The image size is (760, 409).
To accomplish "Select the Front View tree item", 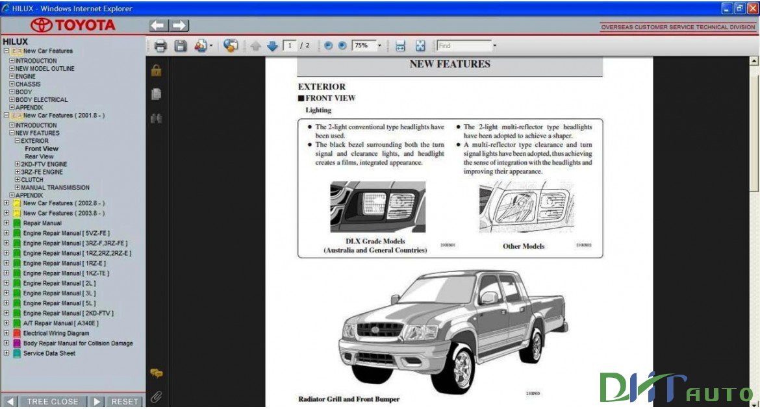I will click(x=42, y=149).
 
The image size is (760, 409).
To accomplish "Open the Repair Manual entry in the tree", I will click(x=42, y=223).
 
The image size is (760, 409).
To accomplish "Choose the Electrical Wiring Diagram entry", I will click(x=56, y=333).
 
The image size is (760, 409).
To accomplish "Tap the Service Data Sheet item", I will click(x=49, y=353).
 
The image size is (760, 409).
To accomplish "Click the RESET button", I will click(x=125, y=401).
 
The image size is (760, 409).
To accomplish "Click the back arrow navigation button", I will click(x=158, y=25).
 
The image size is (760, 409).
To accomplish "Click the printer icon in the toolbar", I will click(x=160, y=46).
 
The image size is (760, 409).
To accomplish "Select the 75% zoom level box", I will click(x=363, y=46).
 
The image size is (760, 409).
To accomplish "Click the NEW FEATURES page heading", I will click(x=450, y=64).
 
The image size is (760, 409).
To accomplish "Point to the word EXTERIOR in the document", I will click(x=322, y=86).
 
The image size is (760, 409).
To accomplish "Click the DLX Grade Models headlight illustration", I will click(x=377, y=207).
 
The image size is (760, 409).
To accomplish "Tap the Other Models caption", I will click(x=523, y=247).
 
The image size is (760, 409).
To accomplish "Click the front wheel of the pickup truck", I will click(x=462, y=369).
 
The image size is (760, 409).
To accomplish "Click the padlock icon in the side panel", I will click(x=156, y=71).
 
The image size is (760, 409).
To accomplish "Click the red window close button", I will click(x=752, y=8).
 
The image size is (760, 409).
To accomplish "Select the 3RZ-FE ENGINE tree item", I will click(x=42, y=172).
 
